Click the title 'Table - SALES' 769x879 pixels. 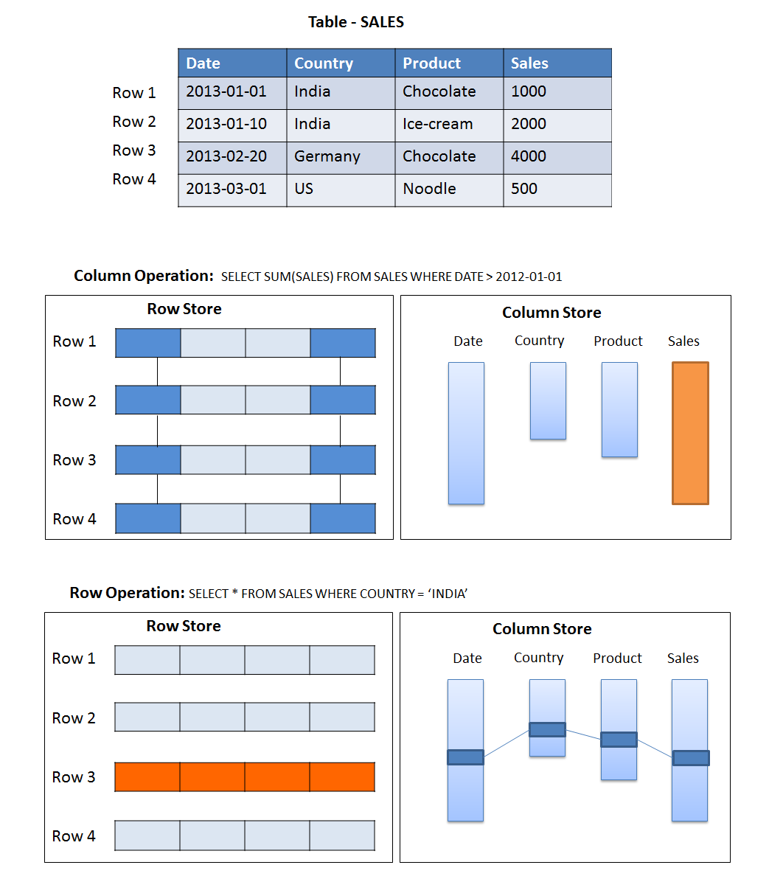click(x=355, y=22)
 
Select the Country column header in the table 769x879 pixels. click(x=324, y=63)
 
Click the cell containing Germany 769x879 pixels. click(x=327, y=156)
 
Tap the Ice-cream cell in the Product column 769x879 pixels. click(x=437, y=124)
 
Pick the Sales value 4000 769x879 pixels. click(x=528, y=156)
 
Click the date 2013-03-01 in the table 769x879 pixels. click(x=226, y=189)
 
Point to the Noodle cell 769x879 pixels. click(x=429, y=189)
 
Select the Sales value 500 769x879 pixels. click(x=523, y=189)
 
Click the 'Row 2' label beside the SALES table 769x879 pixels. click(x=133, y=122)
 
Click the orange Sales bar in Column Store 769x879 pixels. click(x=690, y=433)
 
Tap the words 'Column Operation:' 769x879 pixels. click(x=143, y=276)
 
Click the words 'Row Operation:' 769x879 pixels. click(x=127, y=593)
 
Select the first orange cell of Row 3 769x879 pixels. click(x=147, y=776)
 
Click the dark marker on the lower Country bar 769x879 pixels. click(x=547, y=729)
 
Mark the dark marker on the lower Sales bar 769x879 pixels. click(x=690, y=757)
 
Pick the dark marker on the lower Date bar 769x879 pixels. click(x=465, y=757)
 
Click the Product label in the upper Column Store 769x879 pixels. click(x=618, y=341)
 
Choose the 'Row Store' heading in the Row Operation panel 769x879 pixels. click(x=184, y=626)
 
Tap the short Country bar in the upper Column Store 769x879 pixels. click(x=548, y=400)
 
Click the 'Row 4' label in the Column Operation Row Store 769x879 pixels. click(x=74, y=519)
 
